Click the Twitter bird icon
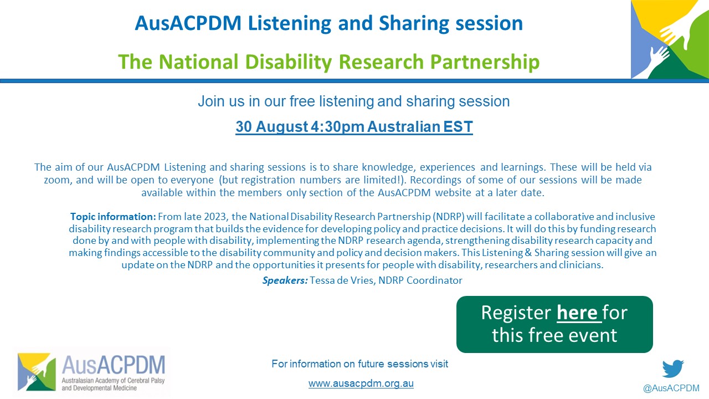(673, 369)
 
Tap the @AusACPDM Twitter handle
(671, 388)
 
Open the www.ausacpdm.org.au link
(361, 383)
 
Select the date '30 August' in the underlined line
(272, 126)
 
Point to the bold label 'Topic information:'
(113, 217)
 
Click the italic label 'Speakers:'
(285, 280)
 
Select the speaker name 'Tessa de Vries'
(342, 280)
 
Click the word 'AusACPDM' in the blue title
(188, 23)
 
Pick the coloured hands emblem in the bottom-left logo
(37, 372)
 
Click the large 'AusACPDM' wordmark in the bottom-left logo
(114, 365)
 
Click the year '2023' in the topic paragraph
(215, 217)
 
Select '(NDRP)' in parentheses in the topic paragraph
(449, 217)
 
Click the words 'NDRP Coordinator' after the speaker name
(420, 280)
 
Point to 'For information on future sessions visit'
(360, 364)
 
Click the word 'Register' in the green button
(516, 313)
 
